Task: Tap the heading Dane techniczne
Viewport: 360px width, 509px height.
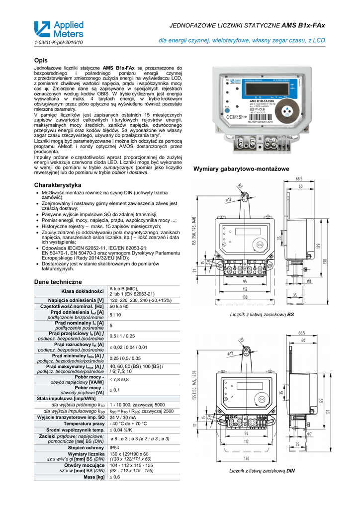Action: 58,282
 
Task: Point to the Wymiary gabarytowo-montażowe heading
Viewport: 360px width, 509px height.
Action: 241,170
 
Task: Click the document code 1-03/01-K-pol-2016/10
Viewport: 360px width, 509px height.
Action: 58,43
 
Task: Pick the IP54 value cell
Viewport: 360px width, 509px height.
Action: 115,448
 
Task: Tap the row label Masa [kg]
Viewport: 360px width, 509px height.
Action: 94,477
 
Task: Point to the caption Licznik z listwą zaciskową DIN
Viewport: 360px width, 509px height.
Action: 262,470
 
